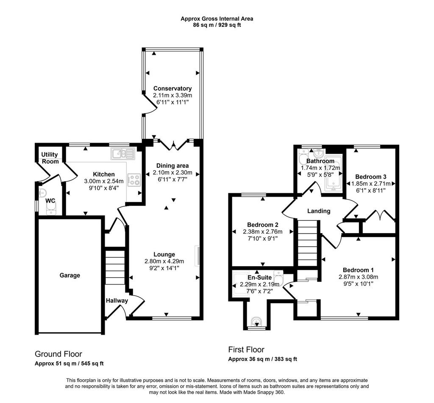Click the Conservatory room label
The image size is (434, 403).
(x=172, y=88)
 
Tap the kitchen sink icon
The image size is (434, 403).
(x=122, y=154)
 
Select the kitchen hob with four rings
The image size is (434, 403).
(x=134, y=180)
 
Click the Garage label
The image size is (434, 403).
(x=70, y=276)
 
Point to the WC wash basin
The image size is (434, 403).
(x=42, y=192)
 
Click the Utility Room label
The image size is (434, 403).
(x=50, y=158)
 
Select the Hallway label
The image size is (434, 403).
(x=117, y=301)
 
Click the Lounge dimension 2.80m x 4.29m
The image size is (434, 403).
(x=164, y=261)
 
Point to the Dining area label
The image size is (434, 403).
(x=172, y=166)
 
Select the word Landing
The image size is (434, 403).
(x=319, y=211)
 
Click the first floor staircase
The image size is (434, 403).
(x=308, y=243)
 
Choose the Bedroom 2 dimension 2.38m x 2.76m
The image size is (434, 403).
(x=263, y=231)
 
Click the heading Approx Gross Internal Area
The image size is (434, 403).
(x=217, y=19)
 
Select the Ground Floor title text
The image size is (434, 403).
(x=58, y=354)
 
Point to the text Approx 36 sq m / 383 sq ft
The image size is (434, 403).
(x=263, y=359)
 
